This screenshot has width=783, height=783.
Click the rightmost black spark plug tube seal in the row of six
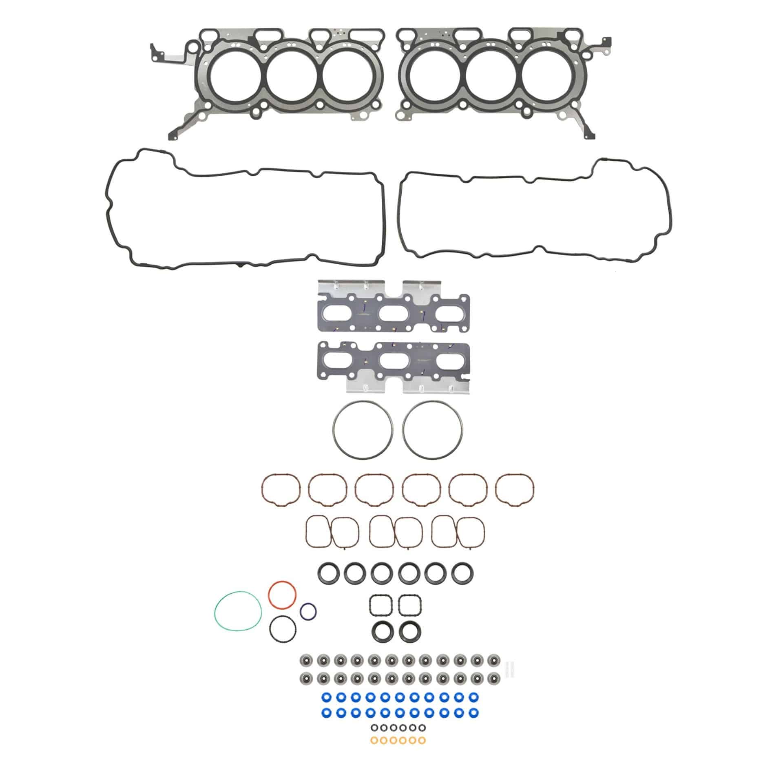click(462, 573)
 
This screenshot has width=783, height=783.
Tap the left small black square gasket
click(381, 605)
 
